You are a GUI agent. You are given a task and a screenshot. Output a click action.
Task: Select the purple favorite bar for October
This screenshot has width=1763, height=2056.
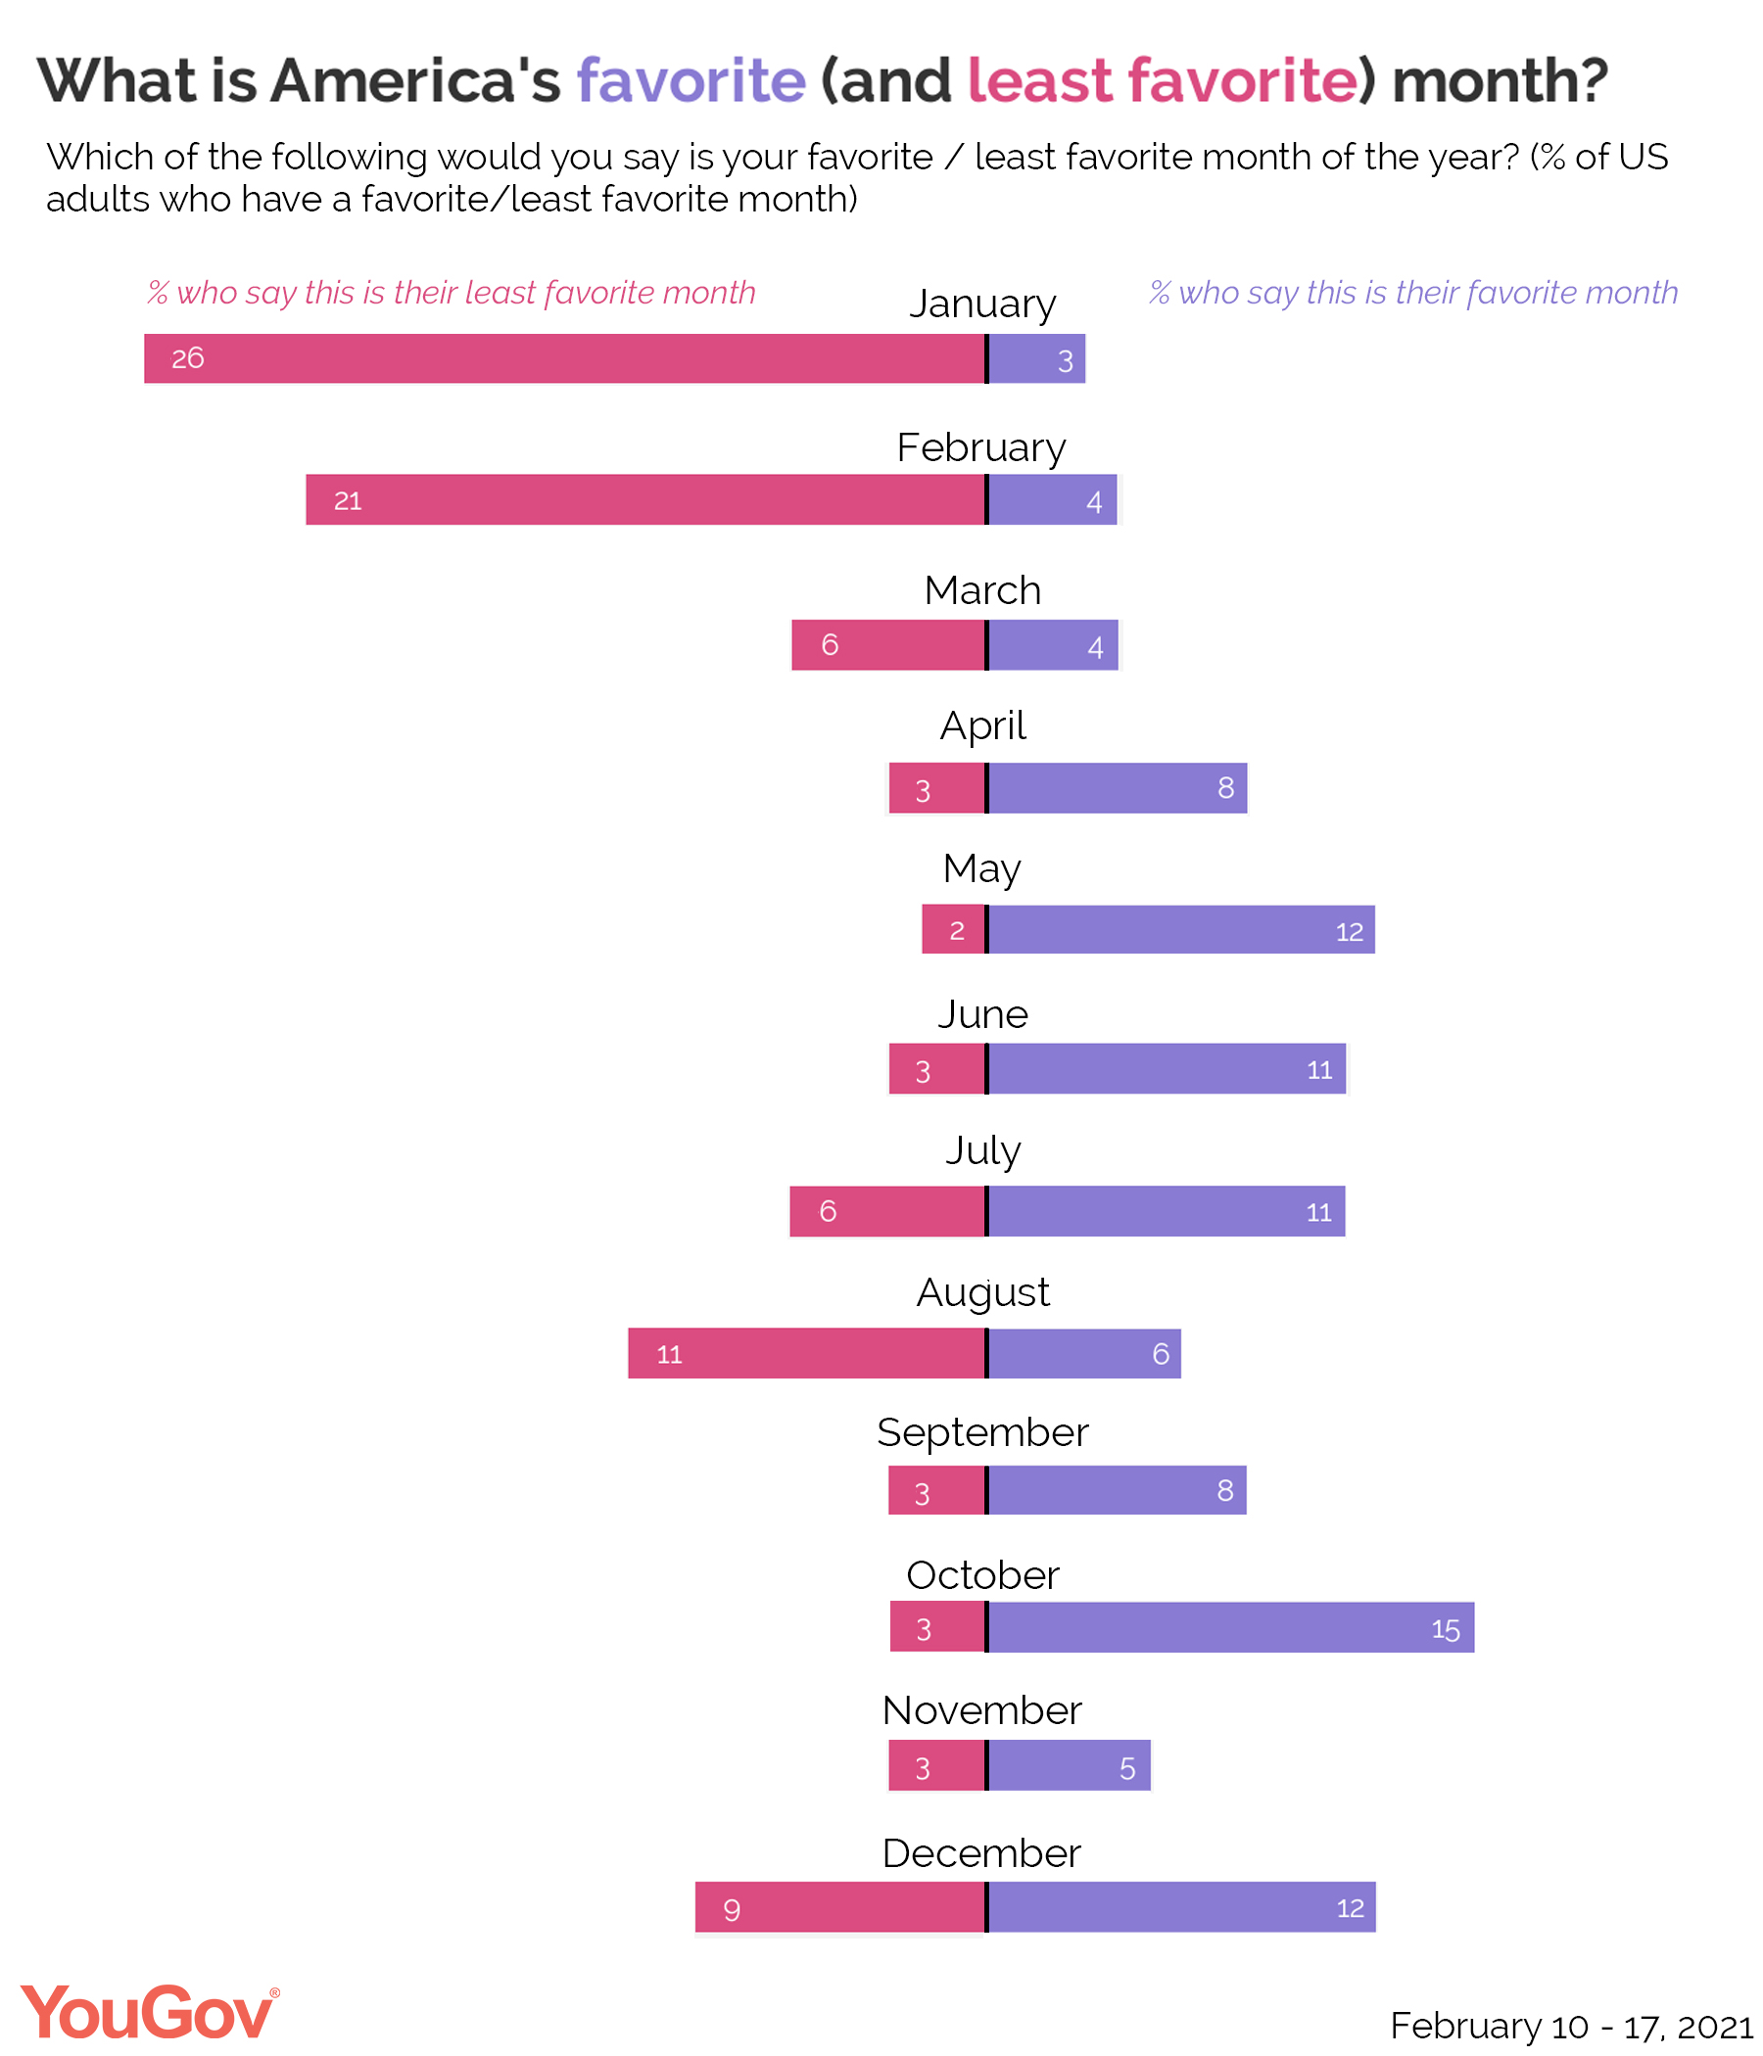click(x=1231, y=1628)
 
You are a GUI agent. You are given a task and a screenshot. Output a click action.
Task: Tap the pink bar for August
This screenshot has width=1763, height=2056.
click(x=806, y=1353)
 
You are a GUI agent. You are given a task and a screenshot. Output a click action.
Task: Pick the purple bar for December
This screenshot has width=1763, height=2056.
click(x=1181, y=1907)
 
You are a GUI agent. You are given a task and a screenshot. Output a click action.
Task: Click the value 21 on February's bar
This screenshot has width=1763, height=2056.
click(x=348, y=501)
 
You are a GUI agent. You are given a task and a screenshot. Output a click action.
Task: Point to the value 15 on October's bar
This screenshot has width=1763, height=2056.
click(x=1446, y=1630)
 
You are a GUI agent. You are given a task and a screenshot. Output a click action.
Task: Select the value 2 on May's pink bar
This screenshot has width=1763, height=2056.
click(x=957, y=931)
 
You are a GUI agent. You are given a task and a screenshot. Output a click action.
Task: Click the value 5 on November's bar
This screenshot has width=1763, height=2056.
click(x=1127, y=1768)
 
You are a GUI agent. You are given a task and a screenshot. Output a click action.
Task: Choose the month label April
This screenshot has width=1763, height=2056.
click(x=982, y=725)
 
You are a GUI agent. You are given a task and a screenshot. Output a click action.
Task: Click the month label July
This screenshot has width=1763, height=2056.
click(x=982, y=1151)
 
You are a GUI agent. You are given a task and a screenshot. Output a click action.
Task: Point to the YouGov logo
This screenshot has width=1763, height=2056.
click(x=149, y=2012)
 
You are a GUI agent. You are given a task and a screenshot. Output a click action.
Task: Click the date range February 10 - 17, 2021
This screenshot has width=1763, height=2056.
click(x=1571, y=2026)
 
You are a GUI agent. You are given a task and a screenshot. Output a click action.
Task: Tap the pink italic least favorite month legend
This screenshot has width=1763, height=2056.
click(x=452, y=293)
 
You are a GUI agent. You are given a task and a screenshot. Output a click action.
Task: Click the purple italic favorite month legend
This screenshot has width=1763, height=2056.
click(x=1413, y=293)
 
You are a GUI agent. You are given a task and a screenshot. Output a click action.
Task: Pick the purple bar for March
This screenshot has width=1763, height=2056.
click(x=1053, y=645)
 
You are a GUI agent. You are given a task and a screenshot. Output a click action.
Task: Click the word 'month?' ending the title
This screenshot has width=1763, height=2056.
click(x=1500, y=79)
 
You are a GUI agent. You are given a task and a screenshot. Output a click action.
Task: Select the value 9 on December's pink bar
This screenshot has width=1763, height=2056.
click(x=732, y=1909)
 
